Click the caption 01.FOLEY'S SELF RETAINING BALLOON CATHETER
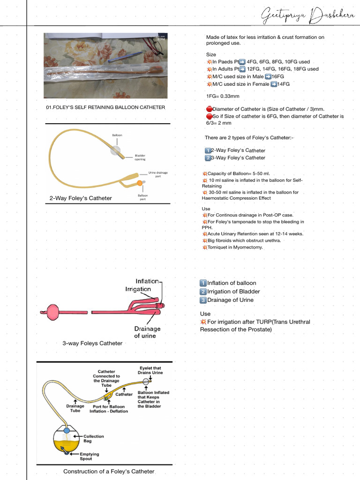(x=105, y=107)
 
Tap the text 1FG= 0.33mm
(x=223, y=96)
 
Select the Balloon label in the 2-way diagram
(x=117, y=135)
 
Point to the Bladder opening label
(x=140, y=157)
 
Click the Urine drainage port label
(x=158, y=174)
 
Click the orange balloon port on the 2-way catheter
(x=139, y=182)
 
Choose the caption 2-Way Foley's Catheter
(x=81, y=198)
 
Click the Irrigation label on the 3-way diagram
(x=138, y=289)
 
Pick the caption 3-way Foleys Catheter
(x=92, y=343)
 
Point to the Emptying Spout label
(x=89, y=457)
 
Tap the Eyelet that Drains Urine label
(x=150, y=370)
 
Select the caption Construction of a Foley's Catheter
(x=109, y=471)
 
